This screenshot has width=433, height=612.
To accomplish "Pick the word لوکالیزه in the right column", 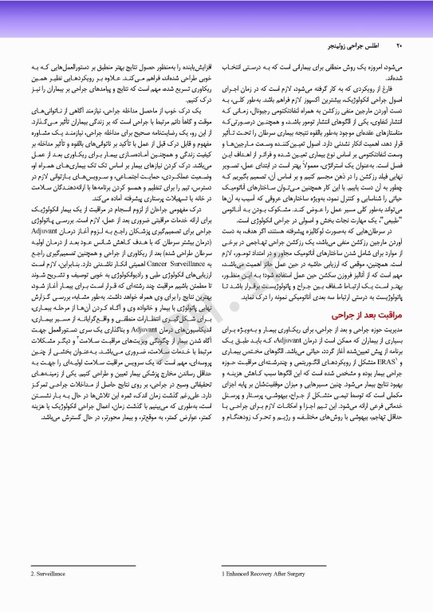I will (319, 237).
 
